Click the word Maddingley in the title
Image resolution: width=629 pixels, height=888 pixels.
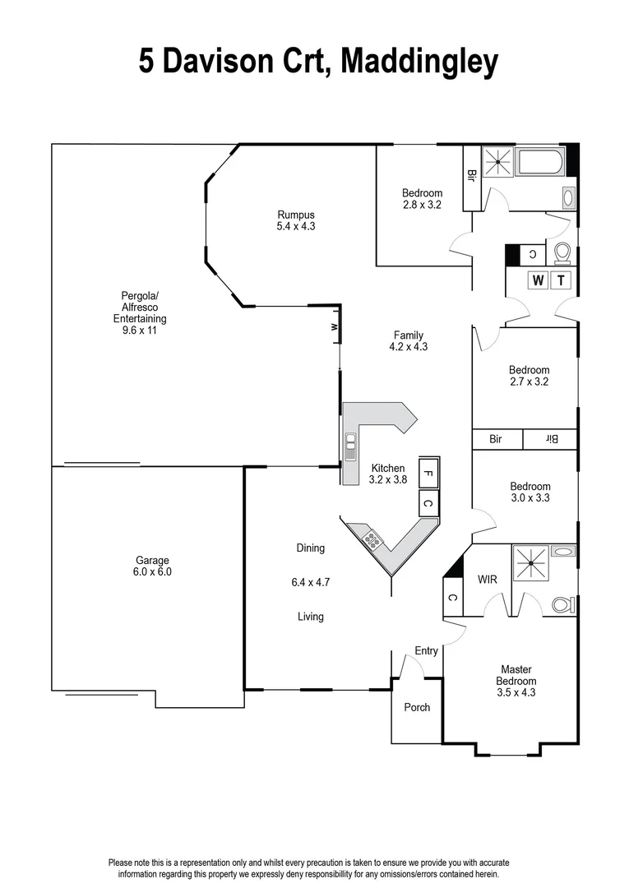coord(419,62)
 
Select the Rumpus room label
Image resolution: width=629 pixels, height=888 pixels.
coord(296,215)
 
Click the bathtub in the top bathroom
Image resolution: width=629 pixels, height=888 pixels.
coord(539,162)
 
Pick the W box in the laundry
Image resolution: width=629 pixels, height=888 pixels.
coord(539,280)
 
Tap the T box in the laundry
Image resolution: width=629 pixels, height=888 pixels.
coord(562,280)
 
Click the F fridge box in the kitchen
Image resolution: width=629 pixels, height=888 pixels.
coord(428,472)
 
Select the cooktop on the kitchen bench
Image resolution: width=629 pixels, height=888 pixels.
coord(372,539)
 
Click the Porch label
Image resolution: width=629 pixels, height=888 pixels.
coord(417,707)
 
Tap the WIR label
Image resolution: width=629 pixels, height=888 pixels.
coord(488,580)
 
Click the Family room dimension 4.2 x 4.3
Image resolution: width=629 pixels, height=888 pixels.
coord(409,347)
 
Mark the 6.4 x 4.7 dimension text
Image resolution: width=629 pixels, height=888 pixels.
coord(311,582)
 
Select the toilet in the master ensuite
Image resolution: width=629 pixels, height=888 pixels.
coord(562,604)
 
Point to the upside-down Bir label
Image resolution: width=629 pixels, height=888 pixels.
coord(550,440)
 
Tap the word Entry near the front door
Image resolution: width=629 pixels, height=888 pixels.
coord(426,651)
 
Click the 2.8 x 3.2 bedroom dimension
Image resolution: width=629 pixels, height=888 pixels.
coord(422,205)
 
